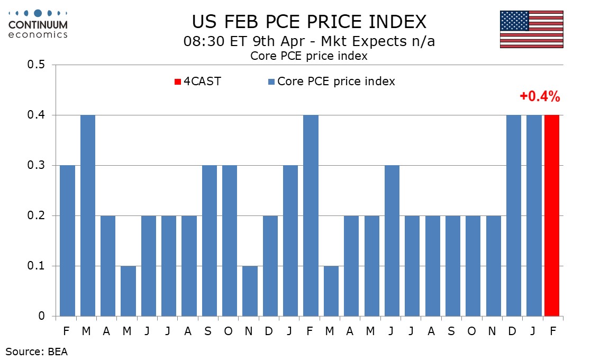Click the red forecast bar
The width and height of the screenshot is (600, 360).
[x=552, y=215]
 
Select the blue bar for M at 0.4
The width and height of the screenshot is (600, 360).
[x=88, y=215]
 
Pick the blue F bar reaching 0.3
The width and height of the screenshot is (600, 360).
[x=67, y=241]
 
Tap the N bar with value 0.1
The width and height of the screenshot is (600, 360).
[x=250, y=291]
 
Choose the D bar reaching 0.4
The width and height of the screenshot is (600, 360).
[x=514, y=215]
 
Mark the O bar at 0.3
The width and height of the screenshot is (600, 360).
[x=230, y=241]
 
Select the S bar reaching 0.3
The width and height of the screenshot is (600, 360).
[x=210, y=241]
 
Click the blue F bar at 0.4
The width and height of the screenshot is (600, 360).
[x=311, y=215]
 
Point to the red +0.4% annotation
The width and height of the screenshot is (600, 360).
[x=539, y=96]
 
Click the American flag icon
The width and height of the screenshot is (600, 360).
[x=531, y=29]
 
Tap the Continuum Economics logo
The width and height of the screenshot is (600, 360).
[x=38, y=23]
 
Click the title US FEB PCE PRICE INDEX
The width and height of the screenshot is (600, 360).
[x=308, y=22]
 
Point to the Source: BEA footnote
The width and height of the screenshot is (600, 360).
[x=37, y=351]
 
